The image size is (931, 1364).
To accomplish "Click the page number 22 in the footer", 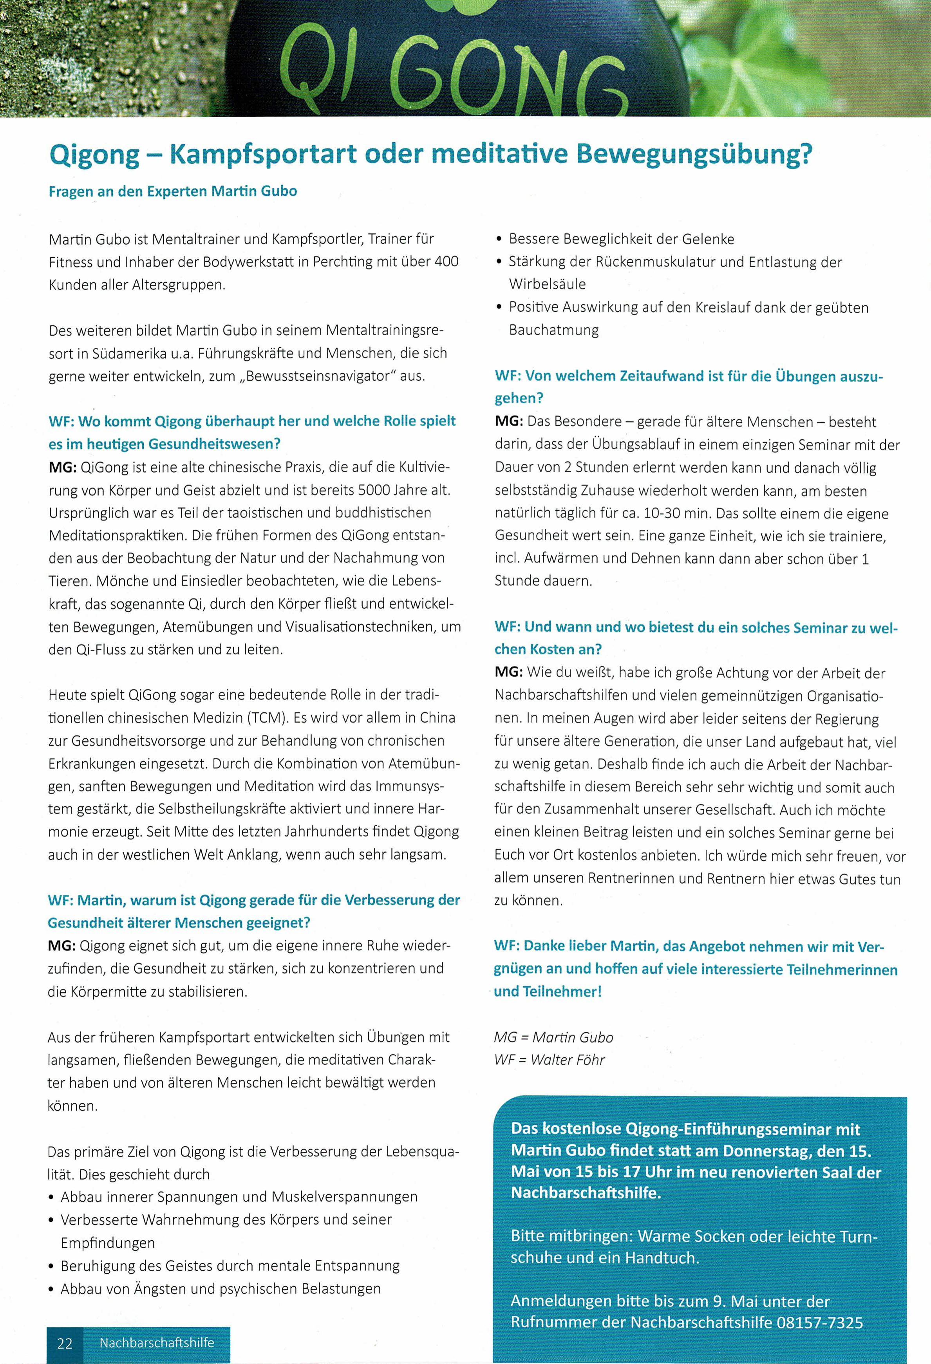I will (65, 1343).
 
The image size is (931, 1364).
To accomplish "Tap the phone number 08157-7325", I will (820, 1322).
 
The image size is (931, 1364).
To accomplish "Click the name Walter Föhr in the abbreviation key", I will (568, 1059).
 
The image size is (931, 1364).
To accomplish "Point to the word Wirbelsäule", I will (547, 284).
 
